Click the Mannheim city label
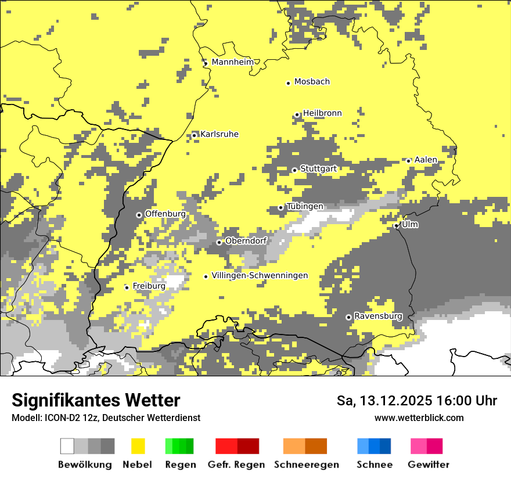coord(233,62)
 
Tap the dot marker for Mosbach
coord(288,83)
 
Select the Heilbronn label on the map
coord(322,113)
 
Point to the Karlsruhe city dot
coord(195,135)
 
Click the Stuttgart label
coord(318,169)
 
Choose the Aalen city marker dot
coord(408,161)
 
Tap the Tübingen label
coord(305,207)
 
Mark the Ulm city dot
coord(396,226)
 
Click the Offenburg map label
coord(165,214)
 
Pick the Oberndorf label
coord(246,241)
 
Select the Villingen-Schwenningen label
coord(260,276)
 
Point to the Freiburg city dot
coord(127,287)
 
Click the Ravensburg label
coord(378,316)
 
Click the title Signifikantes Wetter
coord(96,400)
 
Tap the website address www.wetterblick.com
coord(419,418)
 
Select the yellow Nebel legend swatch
coord(138,446)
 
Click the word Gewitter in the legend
coord(429,465)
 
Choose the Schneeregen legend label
coord(307,465)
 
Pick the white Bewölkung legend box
coord(67,446)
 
